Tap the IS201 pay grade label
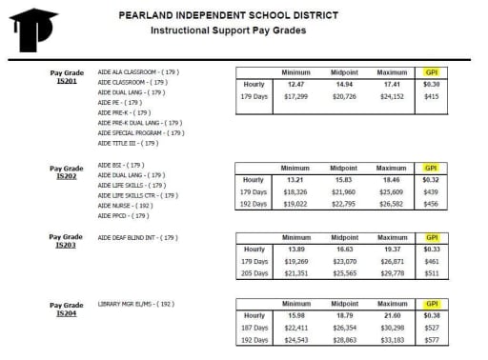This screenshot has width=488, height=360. point(66,82)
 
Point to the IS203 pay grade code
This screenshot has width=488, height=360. point(66,245)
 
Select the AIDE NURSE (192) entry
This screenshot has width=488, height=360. point(124,205)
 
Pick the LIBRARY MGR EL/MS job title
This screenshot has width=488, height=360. point(133,305)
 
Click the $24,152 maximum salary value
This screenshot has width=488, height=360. point(393,96)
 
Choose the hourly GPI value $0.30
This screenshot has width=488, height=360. point(431,84)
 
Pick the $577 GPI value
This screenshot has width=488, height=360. point(431,340)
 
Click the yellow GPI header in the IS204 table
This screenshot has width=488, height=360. point(431,305)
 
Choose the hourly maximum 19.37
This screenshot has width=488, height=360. point(393,248)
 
